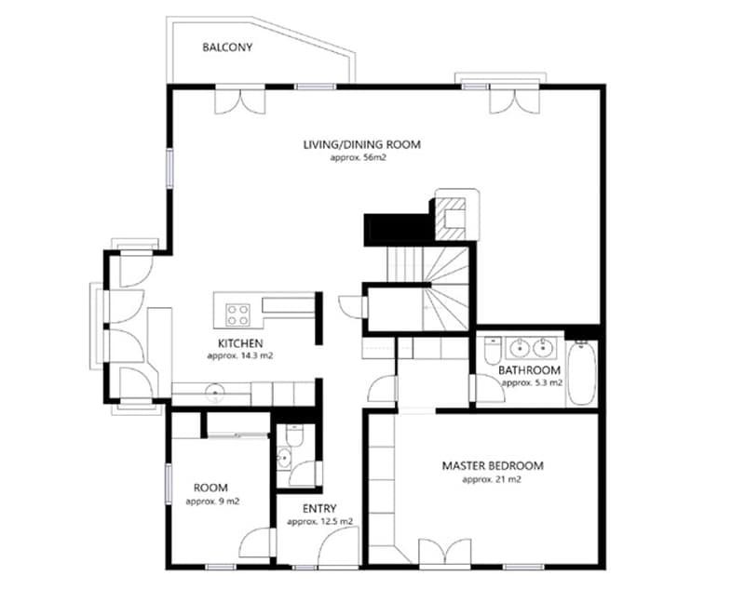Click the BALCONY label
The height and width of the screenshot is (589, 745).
[x=227, y=47]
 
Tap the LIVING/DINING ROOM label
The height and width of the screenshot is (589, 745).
[x=362, y=144]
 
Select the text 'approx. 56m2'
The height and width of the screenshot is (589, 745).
[x=359, y=158]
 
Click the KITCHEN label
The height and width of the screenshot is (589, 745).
[x=240, y=343]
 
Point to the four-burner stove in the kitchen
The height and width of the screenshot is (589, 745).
[x=237, y=315]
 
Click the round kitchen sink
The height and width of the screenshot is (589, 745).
[x=215, y=392]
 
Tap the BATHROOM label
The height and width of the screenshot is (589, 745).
[x=529, y=370]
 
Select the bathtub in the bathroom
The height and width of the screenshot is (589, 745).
[x=581, y=372]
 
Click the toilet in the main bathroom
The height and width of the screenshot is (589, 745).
[x=492, y=350]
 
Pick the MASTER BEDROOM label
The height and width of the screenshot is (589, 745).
[x=493, y=465]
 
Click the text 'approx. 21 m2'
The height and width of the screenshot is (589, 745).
[x=492, y=479]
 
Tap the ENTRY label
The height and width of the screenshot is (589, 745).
[x=319, y=509]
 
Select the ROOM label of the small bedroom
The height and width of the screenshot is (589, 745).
[x=210, y=488]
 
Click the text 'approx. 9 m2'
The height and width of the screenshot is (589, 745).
[x=212, y=502]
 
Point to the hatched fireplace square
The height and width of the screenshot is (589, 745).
[x=452, y=218]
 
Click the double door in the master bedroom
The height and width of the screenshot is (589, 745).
[x=445, y=552]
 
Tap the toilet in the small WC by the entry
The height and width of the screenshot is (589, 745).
[x=294, y=435]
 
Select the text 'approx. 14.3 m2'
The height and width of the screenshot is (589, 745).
[x=240, y=356]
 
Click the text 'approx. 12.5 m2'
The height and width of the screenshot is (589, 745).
[x=319, y=522]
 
